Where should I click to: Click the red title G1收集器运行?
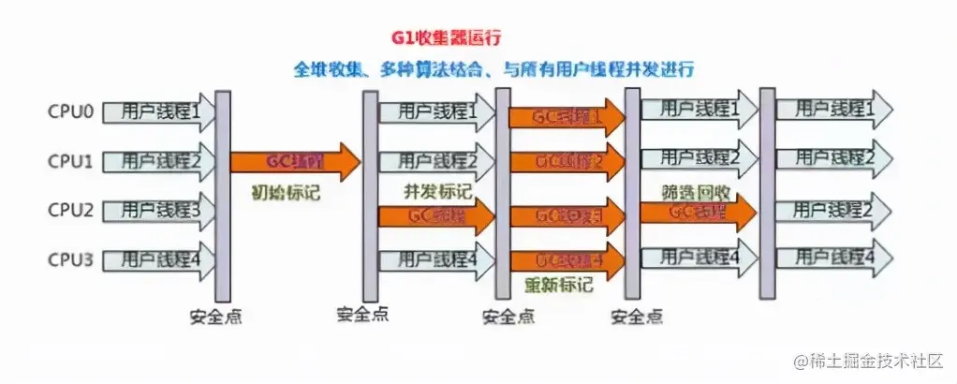(447, 39)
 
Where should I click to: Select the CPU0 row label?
(70, 112)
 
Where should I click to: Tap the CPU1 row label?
(70, 162)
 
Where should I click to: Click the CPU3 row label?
(70, 258)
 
